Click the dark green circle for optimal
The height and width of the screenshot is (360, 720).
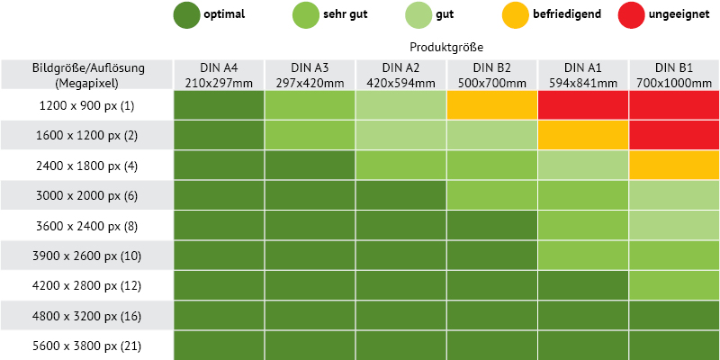tap(187, 14)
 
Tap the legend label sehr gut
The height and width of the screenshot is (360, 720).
tap(346, 14)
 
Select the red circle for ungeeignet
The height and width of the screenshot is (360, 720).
tap(632, 14)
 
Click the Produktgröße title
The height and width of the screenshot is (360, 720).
tap(446, 48)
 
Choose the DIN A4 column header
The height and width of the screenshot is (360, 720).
tap(219, 75)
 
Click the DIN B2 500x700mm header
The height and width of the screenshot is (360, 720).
tap(491, 75)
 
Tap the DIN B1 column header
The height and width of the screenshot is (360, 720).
tap(674, 75)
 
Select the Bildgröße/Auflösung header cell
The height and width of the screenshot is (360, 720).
tap(86, 75)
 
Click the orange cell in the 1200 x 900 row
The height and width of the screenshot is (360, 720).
tap(491, 105)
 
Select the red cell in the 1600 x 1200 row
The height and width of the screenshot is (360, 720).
tap(674, 135)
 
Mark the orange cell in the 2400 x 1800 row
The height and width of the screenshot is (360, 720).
tap(674, 166)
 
